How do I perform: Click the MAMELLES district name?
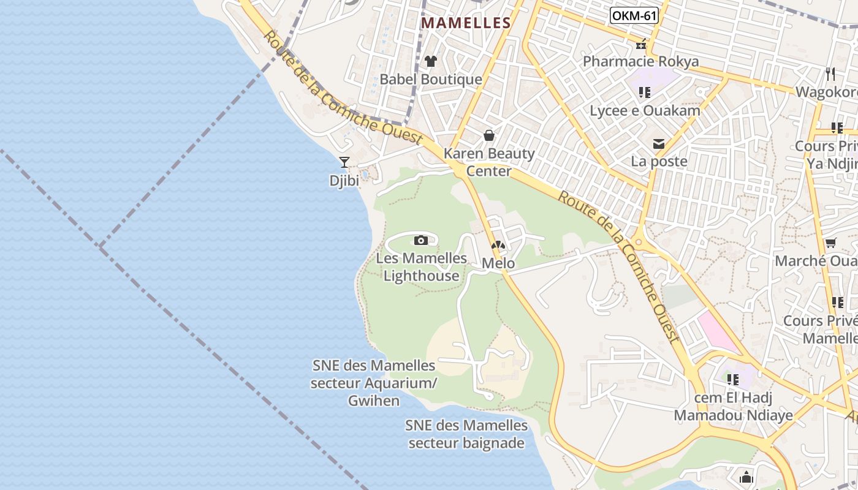coord(466,23)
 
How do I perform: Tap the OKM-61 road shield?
coord(634,15)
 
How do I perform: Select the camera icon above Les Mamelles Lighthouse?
coord(420,240)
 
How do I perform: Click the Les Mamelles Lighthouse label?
coord(421,267)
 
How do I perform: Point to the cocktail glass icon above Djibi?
coord(344,162)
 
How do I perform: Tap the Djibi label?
coord(344,181)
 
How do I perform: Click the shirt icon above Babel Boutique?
coord(431,61)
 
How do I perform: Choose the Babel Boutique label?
coord(431,80)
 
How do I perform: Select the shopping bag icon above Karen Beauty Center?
coord(489,135)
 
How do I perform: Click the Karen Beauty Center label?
coord(489,162)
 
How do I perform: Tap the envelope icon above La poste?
coord(659,144)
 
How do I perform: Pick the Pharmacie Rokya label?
coord(640,62)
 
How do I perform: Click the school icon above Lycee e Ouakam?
coord(644,92)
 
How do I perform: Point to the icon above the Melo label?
coord(498,246)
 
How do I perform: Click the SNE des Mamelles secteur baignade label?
coord(466,434)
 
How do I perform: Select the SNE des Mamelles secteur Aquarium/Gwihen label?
coord(374,383)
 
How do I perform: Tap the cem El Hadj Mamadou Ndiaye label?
coord(733,407)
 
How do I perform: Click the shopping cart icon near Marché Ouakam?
coord(830,243)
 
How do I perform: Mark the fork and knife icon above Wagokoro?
coord(830,74)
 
